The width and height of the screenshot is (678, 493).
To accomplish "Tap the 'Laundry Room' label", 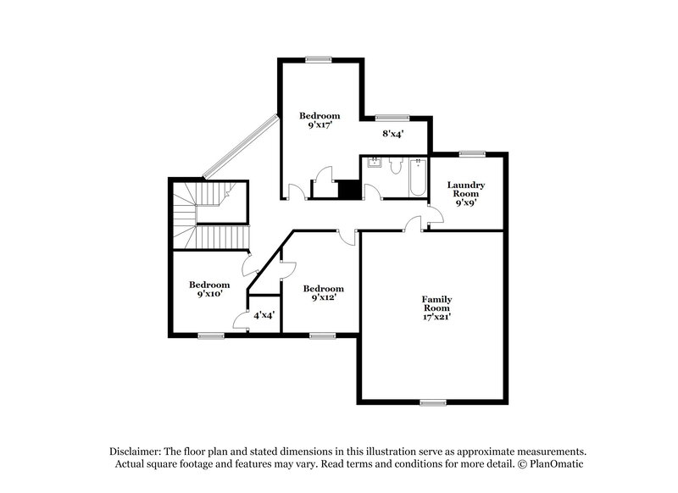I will pyautogui.click(x=466, y=189).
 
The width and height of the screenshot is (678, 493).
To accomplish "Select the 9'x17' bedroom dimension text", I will pyautogui.click(x=320, y=124).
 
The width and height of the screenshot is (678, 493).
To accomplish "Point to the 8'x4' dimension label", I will pyautogui.click(x=392, y=133).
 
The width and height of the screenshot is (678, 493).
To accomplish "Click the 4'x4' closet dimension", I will pyautogui.click(x=264, y=315).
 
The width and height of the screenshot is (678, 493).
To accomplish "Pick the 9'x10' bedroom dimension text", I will pyautogui.click(x=209, y=294).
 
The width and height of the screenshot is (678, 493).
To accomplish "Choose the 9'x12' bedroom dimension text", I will pyautogui.click(x=324, y=297).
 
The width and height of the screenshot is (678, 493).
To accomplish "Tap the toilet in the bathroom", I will pyautogui.click(x=395, y=168).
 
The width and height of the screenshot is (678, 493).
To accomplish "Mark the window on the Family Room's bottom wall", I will pyautogui.click(x=432, y=402).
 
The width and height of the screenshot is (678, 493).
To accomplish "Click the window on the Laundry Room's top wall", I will pyautogui.click(x=472, y=153).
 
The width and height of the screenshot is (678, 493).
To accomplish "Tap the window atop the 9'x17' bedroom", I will pyautogui.click(x=319, y=58).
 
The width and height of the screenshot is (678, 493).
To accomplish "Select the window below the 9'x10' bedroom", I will pyautogui.click(x=210, y=336).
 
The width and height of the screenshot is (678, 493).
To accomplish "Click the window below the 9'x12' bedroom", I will pyautogui.click(x=322, y=336).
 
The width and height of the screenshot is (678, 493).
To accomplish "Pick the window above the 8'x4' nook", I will pyautogui.click(x=392, y=117).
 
